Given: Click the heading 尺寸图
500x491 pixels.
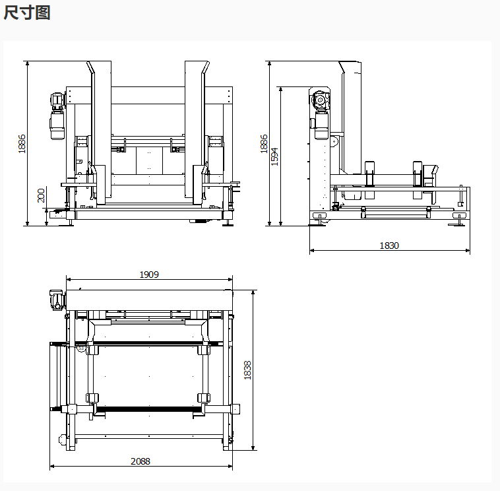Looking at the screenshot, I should tap(26, 13).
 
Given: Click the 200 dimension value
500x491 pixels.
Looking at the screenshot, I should tap(41, 195).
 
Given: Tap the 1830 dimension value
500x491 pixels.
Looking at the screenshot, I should tap(389, 245).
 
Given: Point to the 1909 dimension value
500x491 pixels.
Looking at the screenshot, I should tap(149, 275).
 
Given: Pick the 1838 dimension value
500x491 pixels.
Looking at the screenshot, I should tap(248, 370).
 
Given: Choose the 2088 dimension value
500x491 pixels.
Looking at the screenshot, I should tap(140, 461).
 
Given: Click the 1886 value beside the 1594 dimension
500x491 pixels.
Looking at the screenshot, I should tap(265, 144).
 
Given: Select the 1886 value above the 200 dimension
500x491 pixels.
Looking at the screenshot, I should tap(22, 144).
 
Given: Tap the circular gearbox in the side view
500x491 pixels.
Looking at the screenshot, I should tap(321, 100).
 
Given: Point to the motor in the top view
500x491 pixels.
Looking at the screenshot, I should tap(57, 300).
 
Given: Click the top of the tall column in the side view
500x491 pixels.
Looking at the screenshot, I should tap(349, 66).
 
